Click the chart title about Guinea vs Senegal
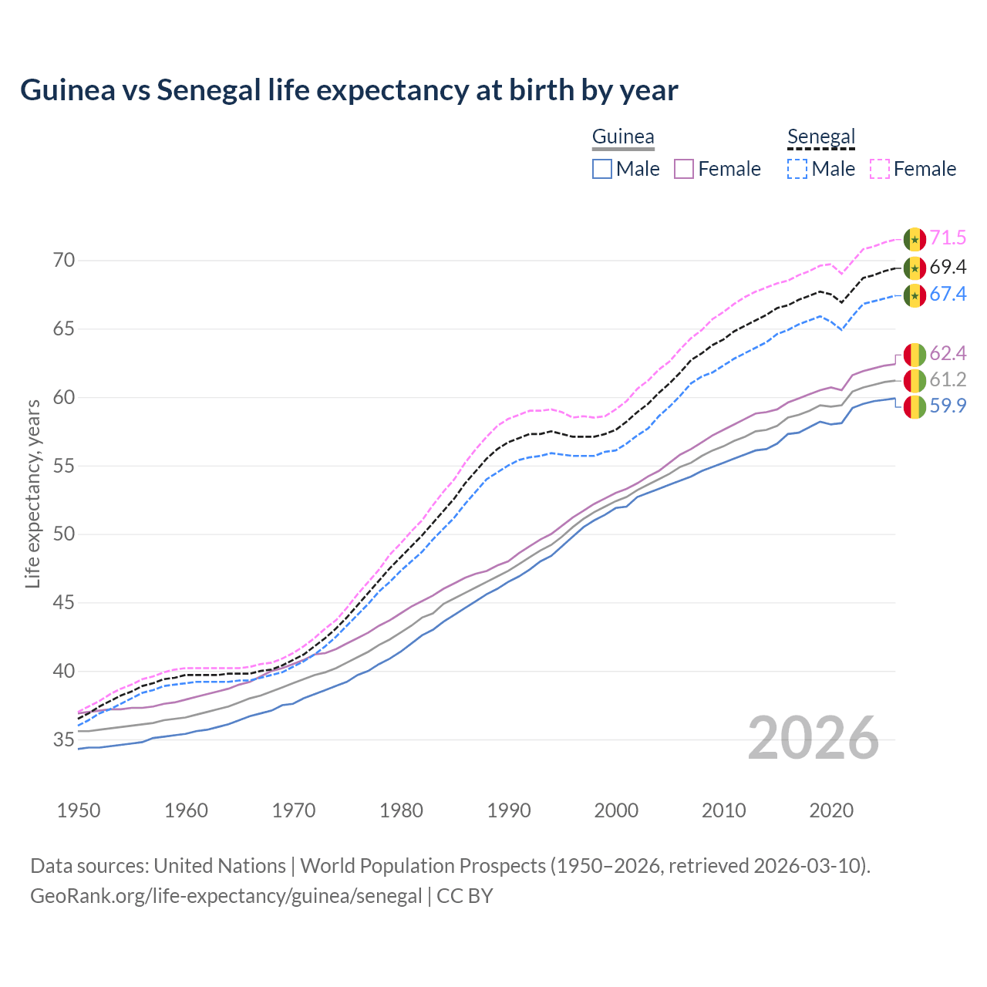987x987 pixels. (349, 90)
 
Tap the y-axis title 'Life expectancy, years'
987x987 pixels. (32, 493)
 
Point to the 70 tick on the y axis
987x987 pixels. (64, 261)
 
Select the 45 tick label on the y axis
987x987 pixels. (64, 603)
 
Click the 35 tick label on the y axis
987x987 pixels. (64, 740)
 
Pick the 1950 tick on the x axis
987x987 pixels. (79, 810)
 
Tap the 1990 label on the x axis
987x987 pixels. (509, 810)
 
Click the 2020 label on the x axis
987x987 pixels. (831, 810)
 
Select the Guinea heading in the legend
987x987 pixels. (623, 137)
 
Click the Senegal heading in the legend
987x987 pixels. (821, 137)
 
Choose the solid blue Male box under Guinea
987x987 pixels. (602, 169)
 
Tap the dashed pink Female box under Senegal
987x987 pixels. (880, 169)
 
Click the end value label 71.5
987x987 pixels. (948, 238)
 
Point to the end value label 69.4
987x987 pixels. (948, 268)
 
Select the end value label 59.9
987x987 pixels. (948, 406)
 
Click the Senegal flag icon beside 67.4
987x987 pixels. (915, 295)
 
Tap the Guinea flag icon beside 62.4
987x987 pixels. (915, 355)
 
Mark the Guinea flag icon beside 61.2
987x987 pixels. (915, 381)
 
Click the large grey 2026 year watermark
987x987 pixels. (814, 738)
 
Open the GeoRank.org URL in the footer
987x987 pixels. (226, 896)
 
